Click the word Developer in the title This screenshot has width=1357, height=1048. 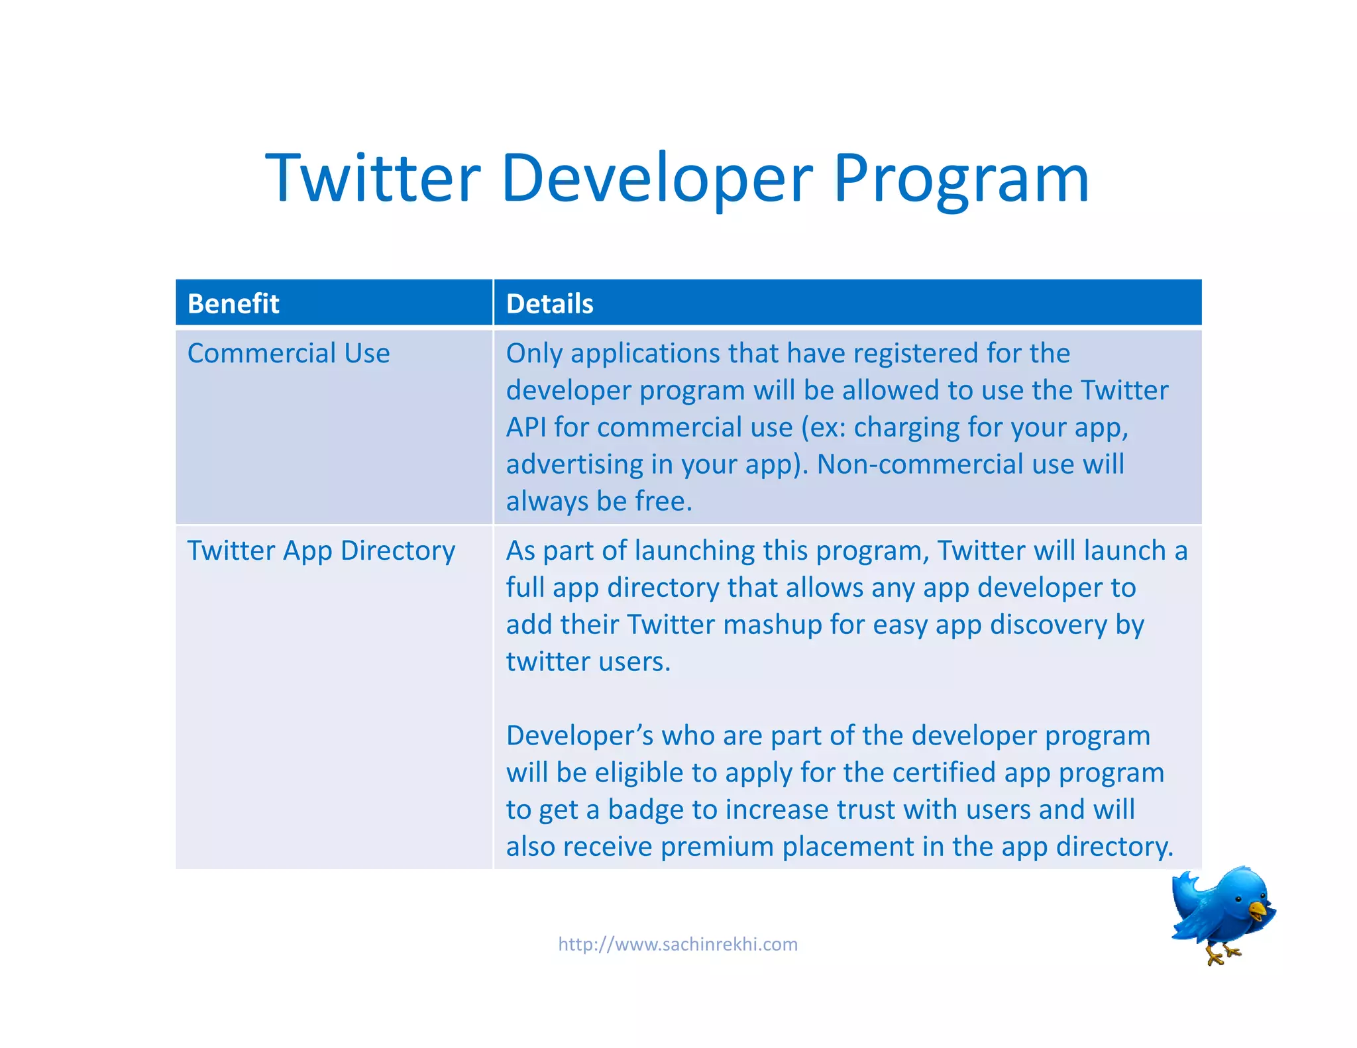pos(656,179)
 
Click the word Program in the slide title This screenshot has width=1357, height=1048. pos(961,179)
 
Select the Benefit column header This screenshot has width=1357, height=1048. pos(233,303)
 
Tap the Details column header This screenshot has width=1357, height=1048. pos(549,303)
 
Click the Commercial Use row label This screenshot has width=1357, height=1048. pos(288,353)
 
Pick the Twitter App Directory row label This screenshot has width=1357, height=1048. pos(321,550)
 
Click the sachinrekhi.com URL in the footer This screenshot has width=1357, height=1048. pos(677,944)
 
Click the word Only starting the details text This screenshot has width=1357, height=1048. pos(534,354)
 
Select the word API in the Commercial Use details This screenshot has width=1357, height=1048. pos(526,427)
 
